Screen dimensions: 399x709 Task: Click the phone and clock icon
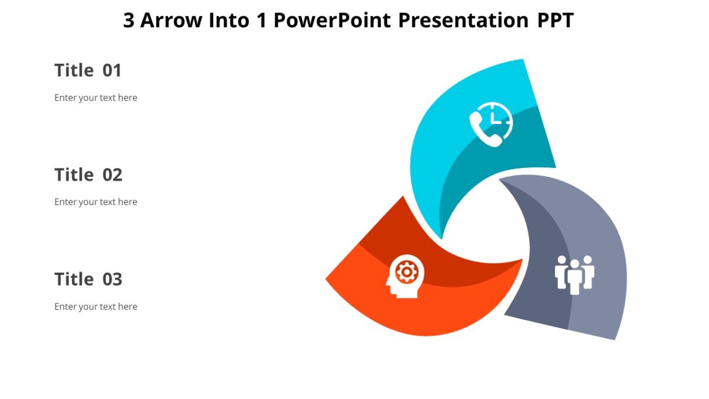click(x=491, y=124)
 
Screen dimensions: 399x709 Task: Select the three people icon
click(x=574, y=274)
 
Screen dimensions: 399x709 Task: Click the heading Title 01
click(x=88, y=70)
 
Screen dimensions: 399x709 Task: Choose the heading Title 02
click(x=88, y=175)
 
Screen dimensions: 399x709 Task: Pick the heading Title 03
click(x=88, y=279)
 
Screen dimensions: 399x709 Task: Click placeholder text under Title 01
click(x=96, y=98)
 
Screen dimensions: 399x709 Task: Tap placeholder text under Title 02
click(x=96, y=202)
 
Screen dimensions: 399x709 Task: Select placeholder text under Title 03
click(x=96, y=306)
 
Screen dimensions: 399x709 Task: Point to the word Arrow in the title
click(x=172, y=20)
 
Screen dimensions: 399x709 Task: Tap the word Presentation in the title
click(x=463, y=20)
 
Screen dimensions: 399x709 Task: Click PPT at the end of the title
click(x=555, y=20)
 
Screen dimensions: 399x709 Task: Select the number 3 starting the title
click(x=129, y=20)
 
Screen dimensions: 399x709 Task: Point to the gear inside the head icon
click(x=406, y=271)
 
